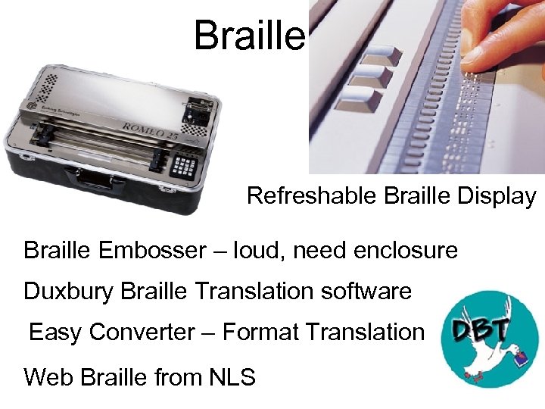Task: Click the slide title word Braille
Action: pos(249,35)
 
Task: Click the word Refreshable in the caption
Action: pos(312,196)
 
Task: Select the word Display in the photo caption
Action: pos(502,196)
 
